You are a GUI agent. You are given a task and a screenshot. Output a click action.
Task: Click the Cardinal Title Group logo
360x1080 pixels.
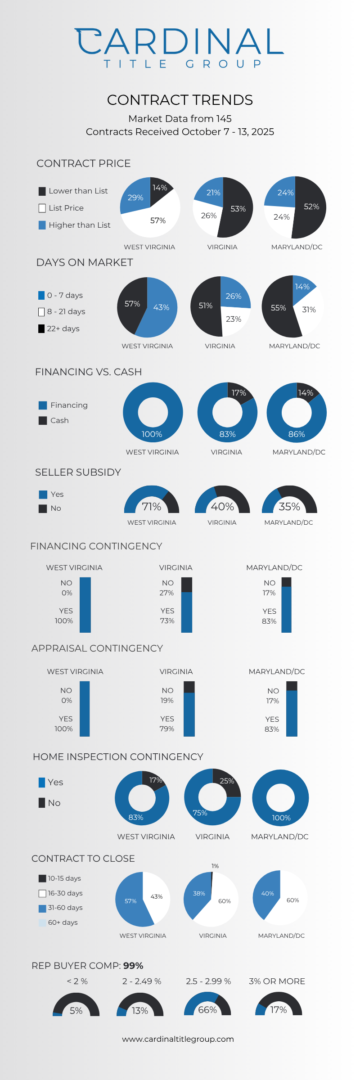pyautogui.click(x=180, y=48)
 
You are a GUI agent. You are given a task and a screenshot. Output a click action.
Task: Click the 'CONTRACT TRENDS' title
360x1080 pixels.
pyautogui.click(x=180, y=100)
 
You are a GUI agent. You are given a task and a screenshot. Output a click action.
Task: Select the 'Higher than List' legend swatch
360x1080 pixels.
pyautogui.click(x=42, y=225)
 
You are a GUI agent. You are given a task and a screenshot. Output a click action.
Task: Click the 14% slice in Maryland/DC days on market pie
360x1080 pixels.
pyautogui.click(x=301, y=286)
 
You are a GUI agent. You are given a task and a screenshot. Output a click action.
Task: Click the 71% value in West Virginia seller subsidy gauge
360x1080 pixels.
pyautogui.click(x=151, y=507)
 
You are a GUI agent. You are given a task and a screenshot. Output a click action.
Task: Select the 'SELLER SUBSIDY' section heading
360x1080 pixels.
pyautogui.click(x=78, y=472)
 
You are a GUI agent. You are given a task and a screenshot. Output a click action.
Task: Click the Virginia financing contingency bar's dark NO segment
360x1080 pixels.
pyautogui.click(x=187, y=585)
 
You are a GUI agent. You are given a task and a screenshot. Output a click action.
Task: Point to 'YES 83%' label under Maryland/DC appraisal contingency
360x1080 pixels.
pyautogui.click(x=272, y=724)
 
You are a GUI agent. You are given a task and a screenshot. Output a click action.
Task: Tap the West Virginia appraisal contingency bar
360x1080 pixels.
pyautogui.click(x=85, y=709)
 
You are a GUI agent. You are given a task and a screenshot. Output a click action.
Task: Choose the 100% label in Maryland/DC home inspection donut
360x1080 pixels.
pyautogui.click(x=281, y=818)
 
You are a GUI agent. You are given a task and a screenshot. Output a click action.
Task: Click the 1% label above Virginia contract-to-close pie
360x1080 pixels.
pyautogui.click(x=215, y=866)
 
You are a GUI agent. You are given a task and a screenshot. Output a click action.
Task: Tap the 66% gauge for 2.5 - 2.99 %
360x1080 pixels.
pyautogui.click(x=207, y=1006)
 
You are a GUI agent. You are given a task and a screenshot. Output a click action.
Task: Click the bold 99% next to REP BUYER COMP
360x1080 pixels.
pyautogui.click(x=133, y=966)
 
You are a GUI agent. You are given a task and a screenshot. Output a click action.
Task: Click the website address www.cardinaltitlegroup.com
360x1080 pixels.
pyautogui.click(x=178, y=1039)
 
